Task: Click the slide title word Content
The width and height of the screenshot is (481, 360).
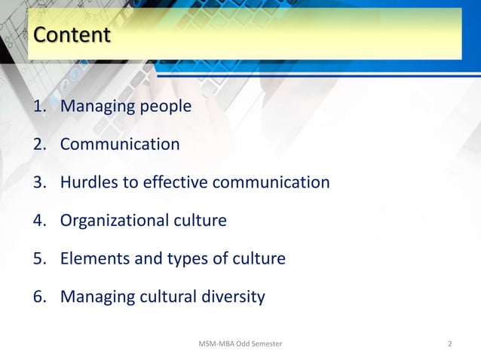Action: coord(72,35)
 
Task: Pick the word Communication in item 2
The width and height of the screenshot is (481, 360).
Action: coord(120,144)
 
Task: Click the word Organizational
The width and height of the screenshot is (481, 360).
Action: coord(114,221)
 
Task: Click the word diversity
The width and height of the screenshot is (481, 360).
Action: coord(230,297)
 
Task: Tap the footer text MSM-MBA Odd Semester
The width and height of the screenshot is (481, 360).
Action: coord(240,344)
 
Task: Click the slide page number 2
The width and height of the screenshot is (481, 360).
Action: coord(450,344)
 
